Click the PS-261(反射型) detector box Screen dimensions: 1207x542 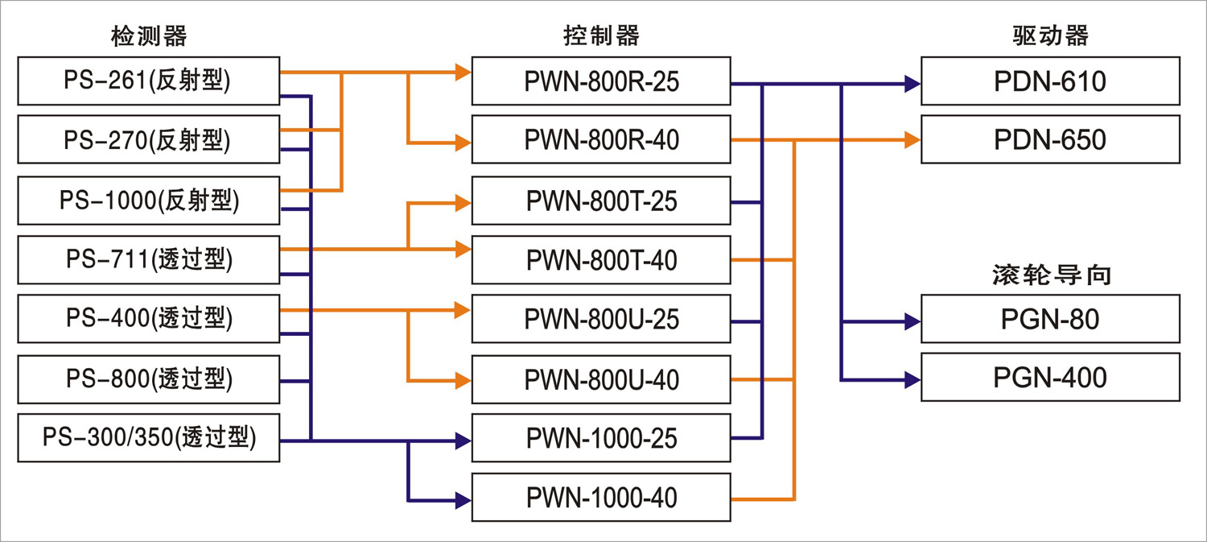(x=149, y=81)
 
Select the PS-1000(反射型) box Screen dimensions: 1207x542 (x=149, y=201)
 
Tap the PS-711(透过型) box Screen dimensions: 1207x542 (x=149, y=259)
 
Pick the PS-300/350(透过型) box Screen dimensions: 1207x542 (x=149, y=437)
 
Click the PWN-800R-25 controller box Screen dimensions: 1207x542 (x=601, y=81)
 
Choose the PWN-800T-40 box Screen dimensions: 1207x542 (x=601, y=259)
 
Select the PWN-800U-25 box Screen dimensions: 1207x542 (x=601, y=319)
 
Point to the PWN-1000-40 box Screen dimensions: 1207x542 (x=601, y=497)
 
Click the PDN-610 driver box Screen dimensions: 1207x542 (x=1050, y=81)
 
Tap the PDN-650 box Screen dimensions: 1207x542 (x=1050, y=139)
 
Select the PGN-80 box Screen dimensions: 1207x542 (x=1050, y=319)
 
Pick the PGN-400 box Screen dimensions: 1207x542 (x=1050, y=377)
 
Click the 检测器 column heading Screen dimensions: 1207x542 (x=149, y=36)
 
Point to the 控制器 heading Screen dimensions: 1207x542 (x=601, y=35)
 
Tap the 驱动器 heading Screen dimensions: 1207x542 (x=1050, y=35)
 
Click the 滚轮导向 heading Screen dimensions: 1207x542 (x=1052, y=275)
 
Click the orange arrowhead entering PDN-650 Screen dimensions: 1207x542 (x=912, y=139)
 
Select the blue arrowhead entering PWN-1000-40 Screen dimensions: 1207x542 (x=463, y=500)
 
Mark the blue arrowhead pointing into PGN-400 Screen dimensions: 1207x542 (x=912, y=379)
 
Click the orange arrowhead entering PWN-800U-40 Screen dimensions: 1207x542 (x=463, y=380)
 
